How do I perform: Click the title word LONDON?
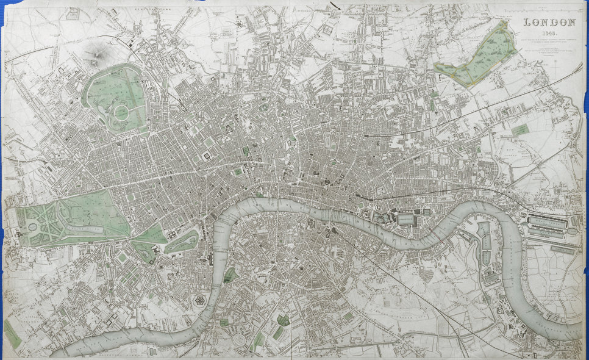pos(550,23)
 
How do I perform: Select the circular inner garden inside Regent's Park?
pos(121,112)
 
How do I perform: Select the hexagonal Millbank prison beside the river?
pos(200,301)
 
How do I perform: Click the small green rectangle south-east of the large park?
pos(519,130)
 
